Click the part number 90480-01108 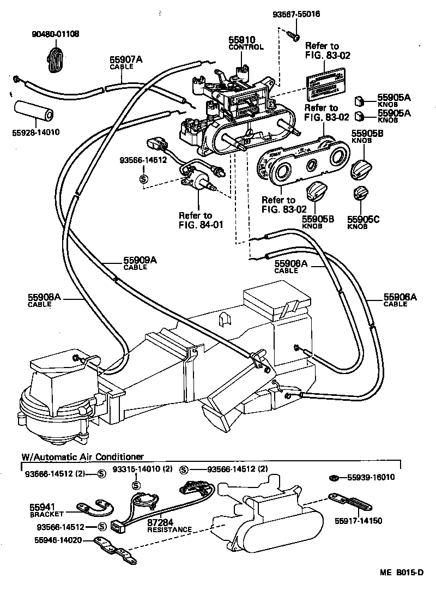(x=55, y=34)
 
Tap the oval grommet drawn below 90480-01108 (x=55, y=59)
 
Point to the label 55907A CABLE (x=126, y=63)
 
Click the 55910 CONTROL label (x=245, y=44)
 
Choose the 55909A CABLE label (x=140, y=263)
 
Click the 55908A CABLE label (x=44, y=300)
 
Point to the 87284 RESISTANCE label (x=169, y=525)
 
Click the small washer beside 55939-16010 (x=333, y=478)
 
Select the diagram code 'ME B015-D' (x=402, y=573)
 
